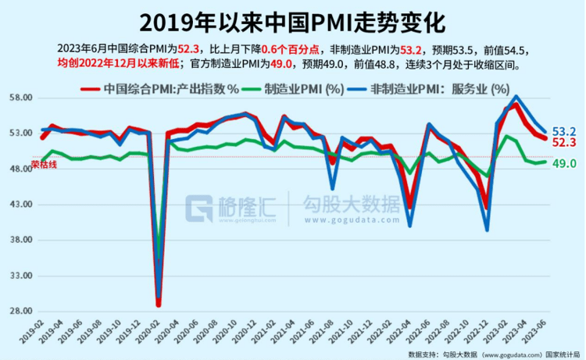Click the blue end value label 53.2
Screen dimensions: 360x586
pos(564,130)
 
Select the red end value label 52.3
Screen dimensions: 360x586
pos(564,143)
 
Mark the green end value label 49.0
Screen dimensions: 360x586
pos(564,163)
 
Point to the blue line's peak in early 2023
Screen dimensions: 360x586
pos(516,97)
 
